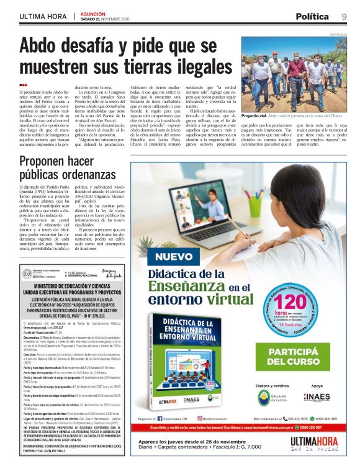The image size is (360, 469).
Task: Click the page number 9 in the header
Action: coord(343,16)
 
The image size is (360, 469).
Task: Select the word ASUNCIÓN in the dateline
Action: coord(91,12)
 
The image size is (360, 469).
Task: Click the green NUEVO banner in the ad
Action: coord(174,256)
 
